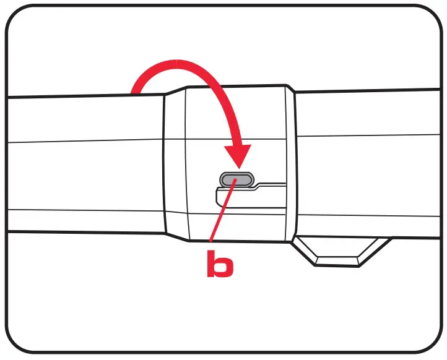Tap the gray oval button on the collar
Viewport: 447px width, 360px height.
236,179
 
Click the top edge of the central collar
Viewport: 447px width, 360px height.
235,85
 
